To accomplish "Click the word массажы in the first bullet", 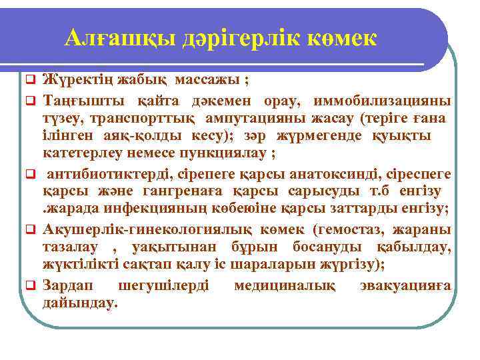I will pyautogui.click(x=207, y=82).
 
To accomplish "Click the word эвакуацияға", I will pyautogui.click(x=410, y=286).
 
